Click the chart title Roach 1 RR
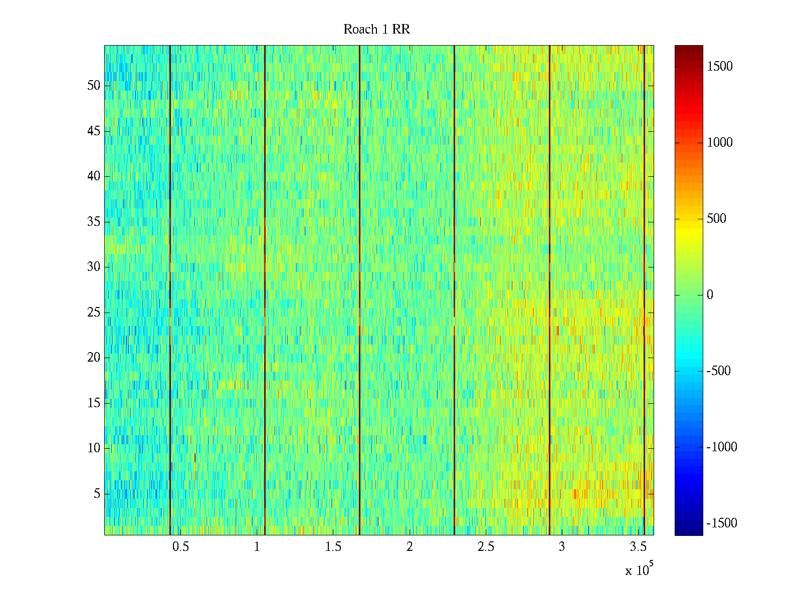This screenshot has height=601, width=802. coord(376,29)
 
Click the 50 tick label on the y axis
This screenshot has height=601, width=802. coord(94,85)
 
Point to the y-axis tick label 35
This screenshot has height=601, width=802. coord(94,221)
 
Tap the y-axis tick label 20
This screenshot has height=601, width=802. coord(94,357)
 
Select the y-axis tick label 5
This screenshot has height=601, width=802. coord(97,493)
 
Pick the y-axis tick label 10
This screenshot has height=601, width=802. coord(94,448)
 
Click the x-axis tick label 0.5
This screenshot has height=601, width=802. coord(180,546)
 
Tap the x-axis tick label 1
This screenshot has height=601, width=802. coord(257,546)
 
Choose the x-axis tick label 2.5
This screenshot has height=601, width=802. coord(486,546)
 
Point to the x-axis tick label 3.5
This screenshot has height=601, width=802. coord(638,546)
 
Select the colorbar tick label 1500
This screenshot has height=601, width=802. coord(719,67)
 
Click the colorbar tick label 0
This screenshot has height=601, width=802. coord(710,294)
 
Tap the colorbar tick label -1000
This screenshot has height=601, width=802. coord(722,447)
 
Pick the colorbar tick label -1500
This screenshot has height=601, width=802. coord(722,523)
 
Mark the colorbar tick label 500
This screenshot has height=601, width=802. coord(716,218)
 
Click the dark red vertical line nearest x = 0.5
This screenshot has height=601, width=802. coord(170,290)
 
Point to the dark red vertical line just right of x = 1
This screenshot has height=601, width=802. coord(265,290)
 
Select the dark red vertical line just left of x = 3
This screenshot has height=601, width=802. coord(549,290)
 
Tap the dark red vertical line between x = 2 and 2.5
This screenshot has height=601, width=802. coord(454,290)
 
